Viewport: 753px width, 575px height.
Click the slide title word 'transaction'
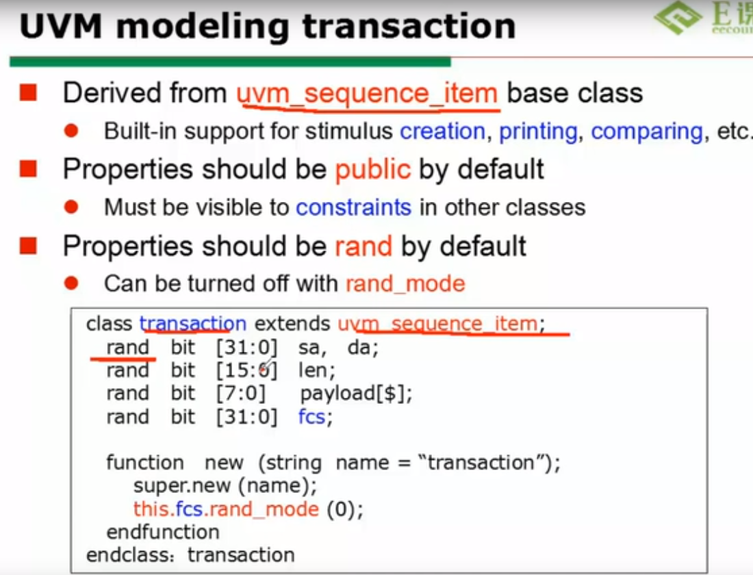point(409,26)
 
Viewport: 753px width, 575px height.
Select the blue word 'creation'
point(442,131)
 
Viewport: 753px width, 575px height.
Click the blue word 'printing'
point(538,131)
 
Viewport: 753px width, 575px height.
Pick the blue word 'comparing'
point(647,131)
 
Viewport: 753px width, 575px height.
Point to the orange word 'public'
point(372,169)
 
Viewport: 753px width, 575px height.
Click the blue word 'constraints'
point(353,207)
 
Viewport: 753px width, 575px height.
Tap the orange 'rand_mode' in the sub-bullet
point(405,283)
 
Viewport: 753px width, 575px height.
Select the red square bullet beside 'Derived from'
point(28,92)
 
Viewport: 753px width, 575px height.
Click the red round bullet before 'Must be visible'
point(71,207)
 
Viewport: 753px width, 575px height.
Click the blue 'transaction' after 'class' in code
point(192,323)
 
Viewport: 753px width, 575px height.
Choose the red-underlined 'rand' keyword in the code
point(127,348)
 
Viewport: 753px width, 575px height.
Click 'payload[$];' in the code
point(356,394)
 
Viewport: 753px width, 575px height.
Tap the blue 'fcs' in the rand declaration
point(311,416)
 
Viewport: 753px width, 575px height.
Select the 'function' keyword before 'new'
point(145,463)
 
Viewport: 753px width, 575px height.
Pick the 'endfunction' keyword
point(163,532)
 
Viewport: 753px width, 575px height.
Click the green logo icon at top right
point(677,18)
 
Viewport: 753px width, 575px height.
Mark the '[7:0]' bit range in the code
point(240,394)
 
